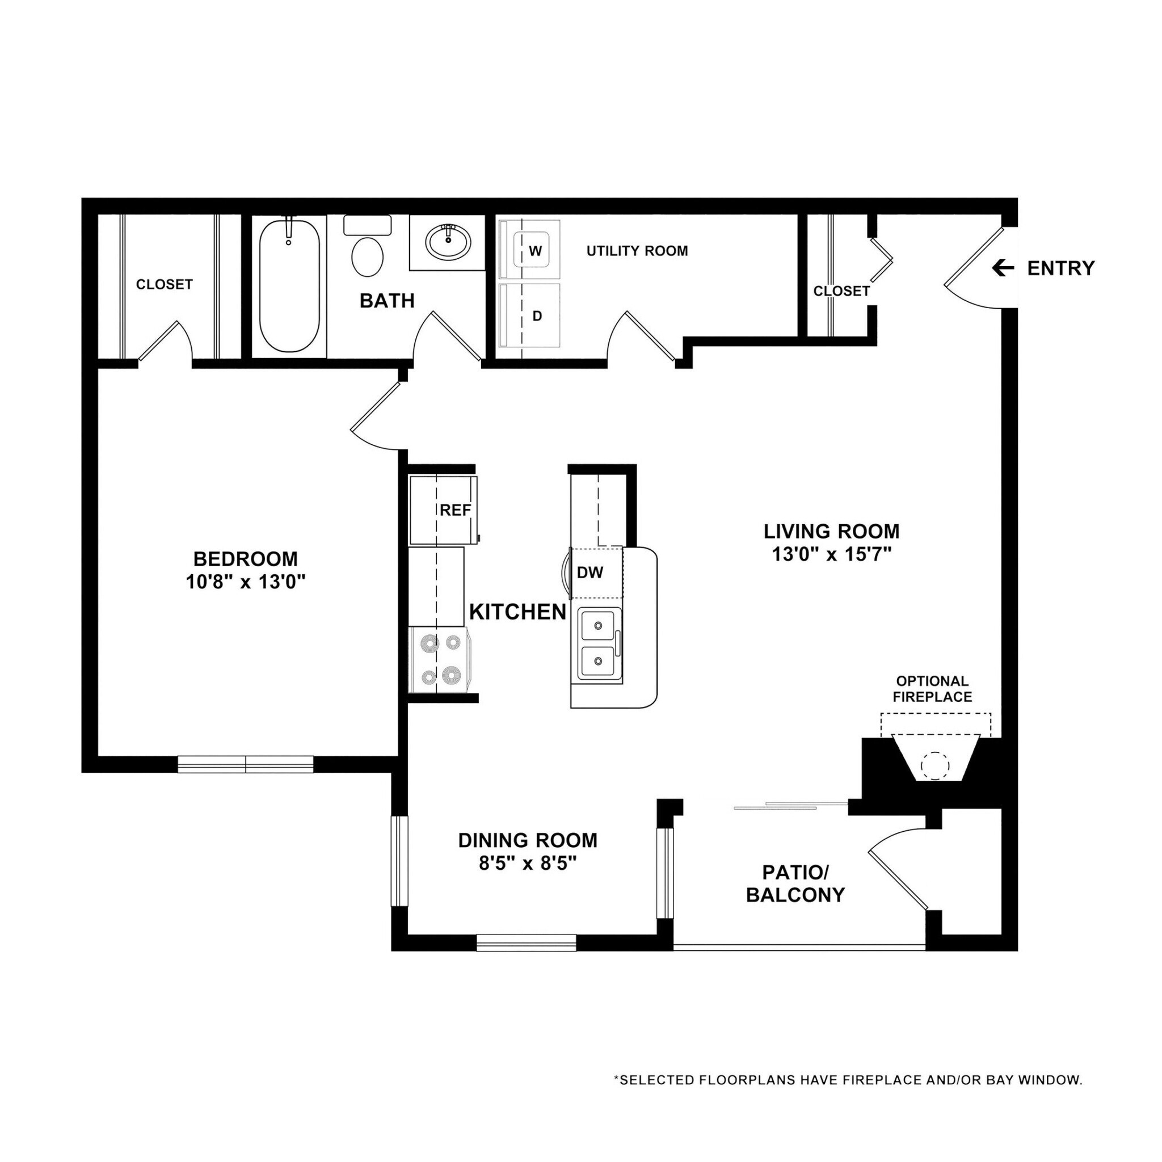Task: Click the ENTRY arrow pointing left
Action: (x=1003, y=268)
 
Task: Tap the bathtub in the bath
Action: (x=289, y=287)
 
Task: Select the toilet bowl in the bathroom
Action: (x=367, y=257)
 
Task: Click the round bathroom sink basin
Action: (x=448, y=242)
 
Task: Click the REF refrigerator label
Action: (x=454, y=510)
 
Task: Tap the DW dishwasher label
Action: (x=590, y=572)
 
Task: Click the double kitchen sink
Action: (x=599, y=644)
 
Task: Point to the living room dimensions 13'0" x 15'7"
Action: (x=831, y=554)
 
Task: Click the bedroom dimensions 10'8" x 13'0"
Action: (x=245, y=582)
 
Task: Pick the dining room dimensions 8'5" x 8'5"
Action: (x=528, y=864)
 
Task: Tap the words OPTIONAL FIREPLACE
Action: (x=932, y=689)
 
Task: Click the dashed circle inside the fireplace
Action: (x=934, y=766)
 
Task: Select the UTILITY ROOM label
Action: (x=637, y=251)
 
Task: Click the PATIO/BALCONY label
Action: (x=795, y=883)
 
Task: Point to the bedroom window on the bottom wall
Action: (x=245, y=764)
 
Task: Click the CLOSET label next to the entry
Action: (x=841, y=291)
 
